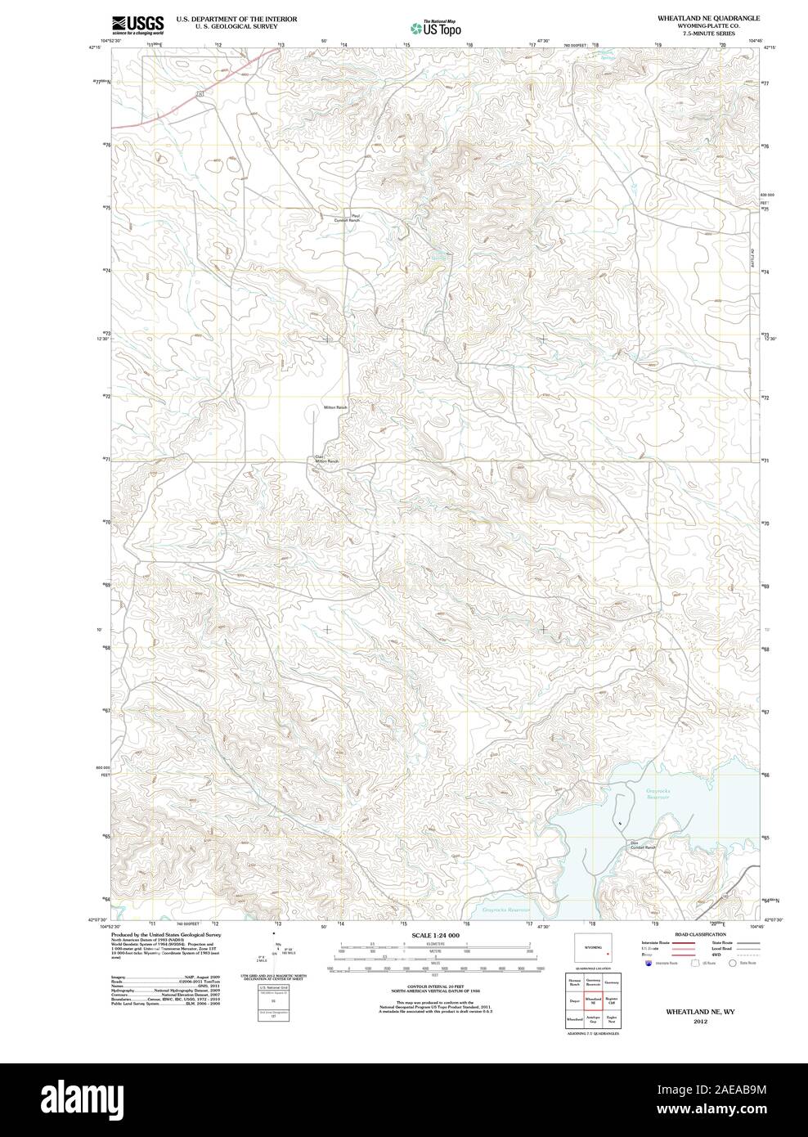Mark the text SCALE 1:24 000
pyautogui.click(x=437, y=935)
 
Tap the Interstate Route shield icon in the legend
pyautogui.click(x=648, y=964)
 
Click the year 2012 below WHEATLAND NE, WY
pyautogui.click(x=700, y=1022)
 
